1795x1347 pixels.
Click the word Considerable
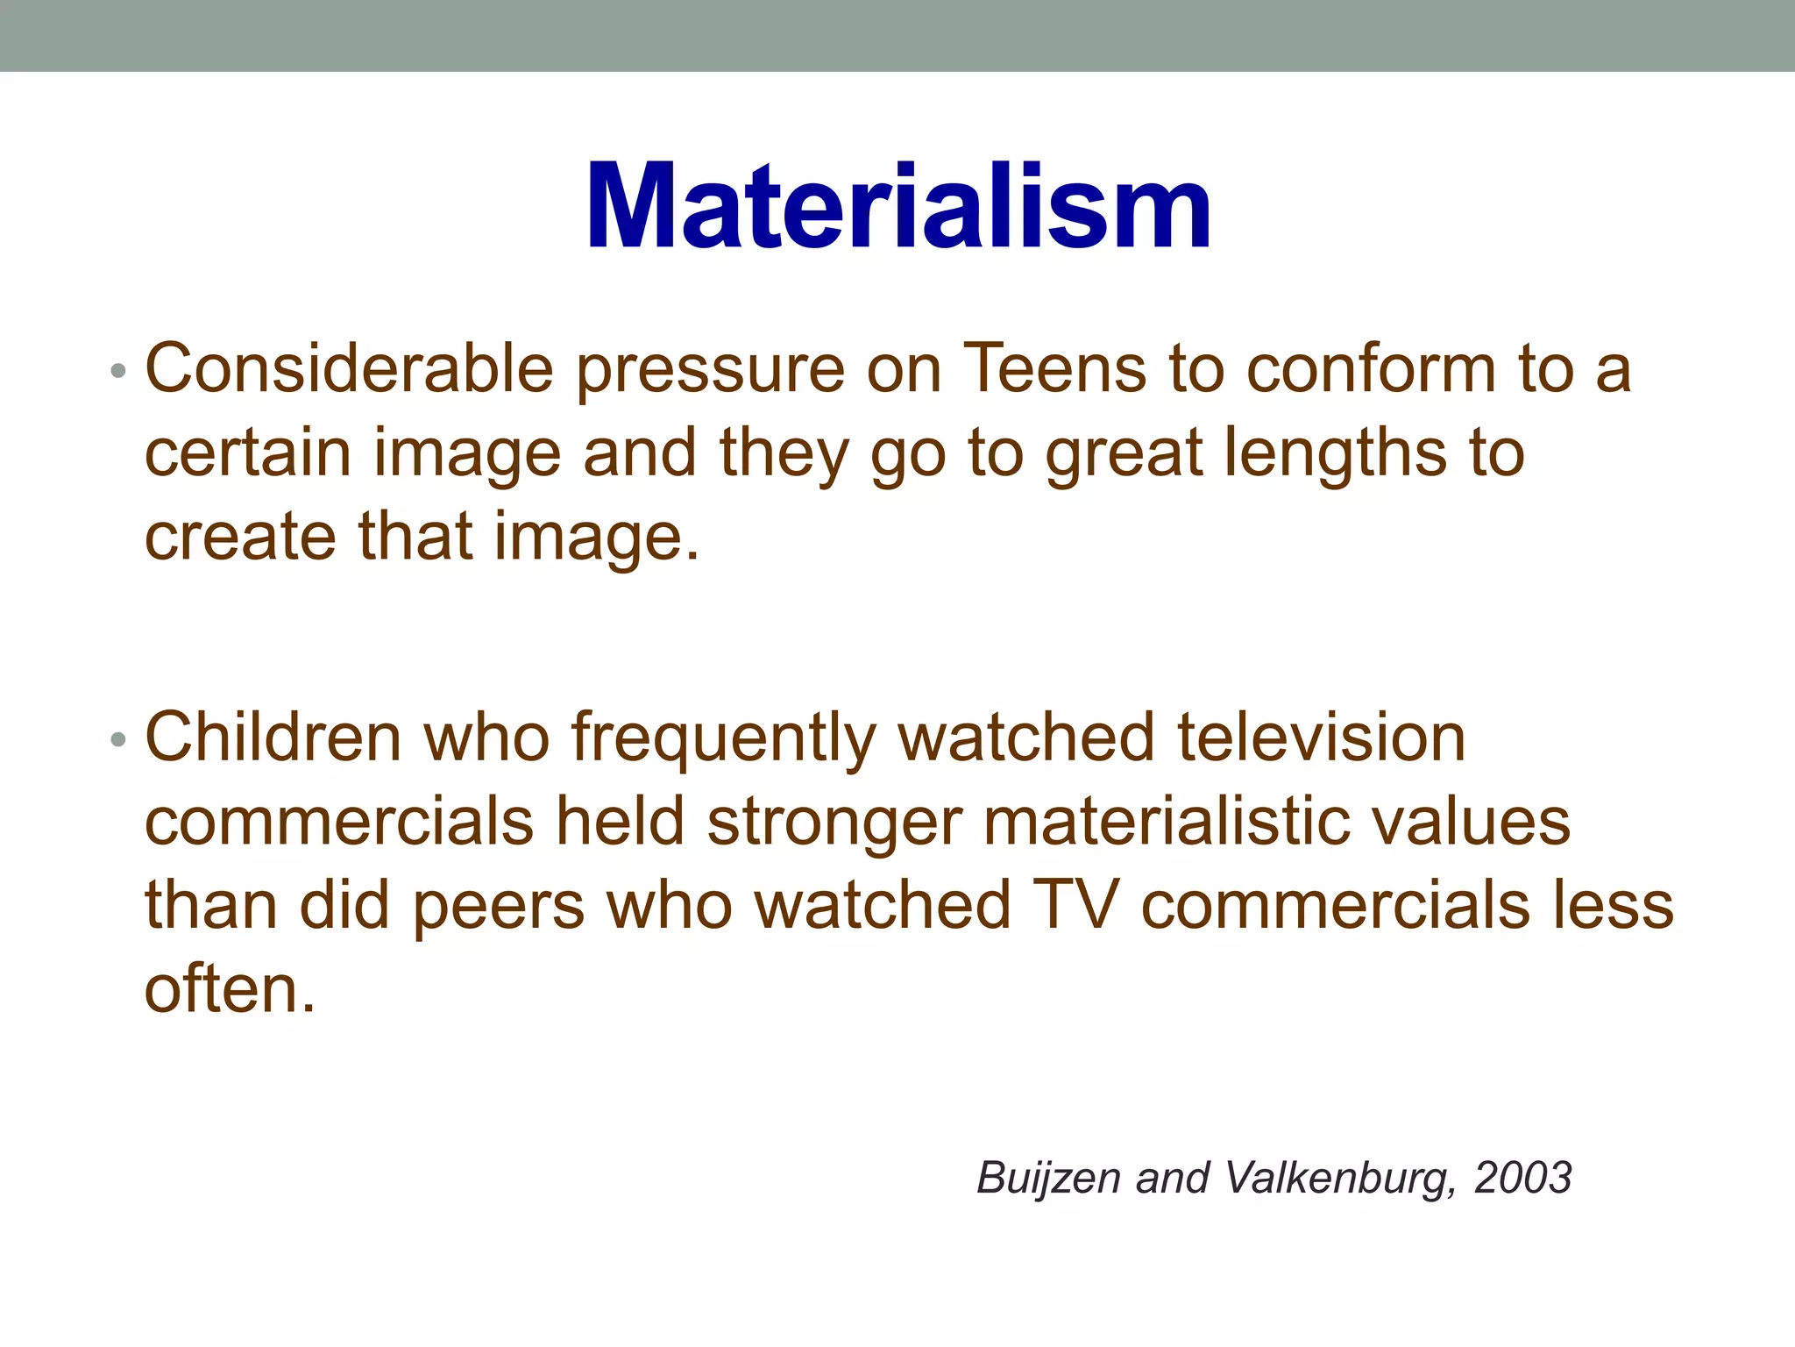(x=349, y=368)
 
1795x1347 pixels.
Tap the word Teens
(x=1054, y=368)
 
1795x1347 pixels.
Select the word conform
(x=1371, y=368)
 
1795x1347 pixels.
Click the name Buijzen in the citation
(x=1048, y=1179)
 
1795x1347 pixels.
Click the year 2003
(x=1522, y=1178)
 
